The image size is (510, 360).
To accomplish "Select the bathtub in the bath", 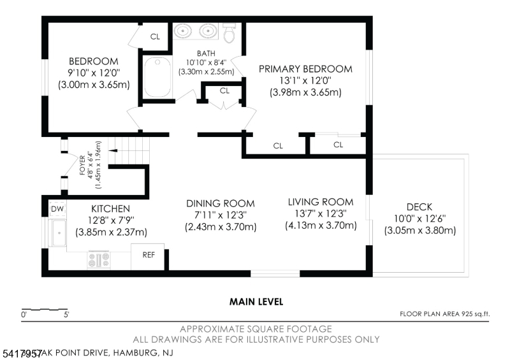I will click(x=156, y=77).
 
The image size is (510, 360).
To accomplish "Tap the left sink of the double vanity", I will click(x=184, y=30).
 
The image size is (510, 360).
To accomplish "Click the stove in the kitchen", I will click(x=99, y=259).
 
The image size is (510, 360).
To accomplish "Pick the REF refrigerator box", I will click(x=148, y=256).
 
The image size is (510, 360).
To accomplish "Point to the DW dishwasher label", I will click(x=56, y=209).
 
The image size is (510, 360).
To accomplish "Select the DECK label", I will click(x=419, y=207).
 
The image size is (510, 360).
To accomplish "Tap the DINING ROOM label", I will click(x=221, y=203).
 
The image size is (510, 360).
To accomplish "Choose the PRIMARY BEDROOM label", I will click(x=305, y=69).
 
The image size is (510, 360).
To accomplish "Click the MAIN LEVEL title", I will click(x=256, y=302).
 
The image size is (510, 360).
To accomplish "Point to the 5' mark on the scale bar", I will click(x=67, y=315).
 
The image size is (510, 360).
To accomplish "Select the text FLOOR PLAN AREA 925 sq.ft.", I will click(x=444, y=313).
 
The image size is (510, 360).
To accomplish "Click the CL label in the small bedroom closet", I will click(x=156, y=36).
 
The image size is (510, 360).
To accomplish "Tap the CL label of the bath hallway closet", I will click(x=224, y=91).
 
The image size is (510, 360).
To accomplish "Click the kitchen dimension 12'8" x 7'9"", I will click(x=111, y=220).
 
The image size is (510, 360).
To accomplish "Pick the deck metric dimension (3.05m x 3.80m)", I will click(x=420, y=231).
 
